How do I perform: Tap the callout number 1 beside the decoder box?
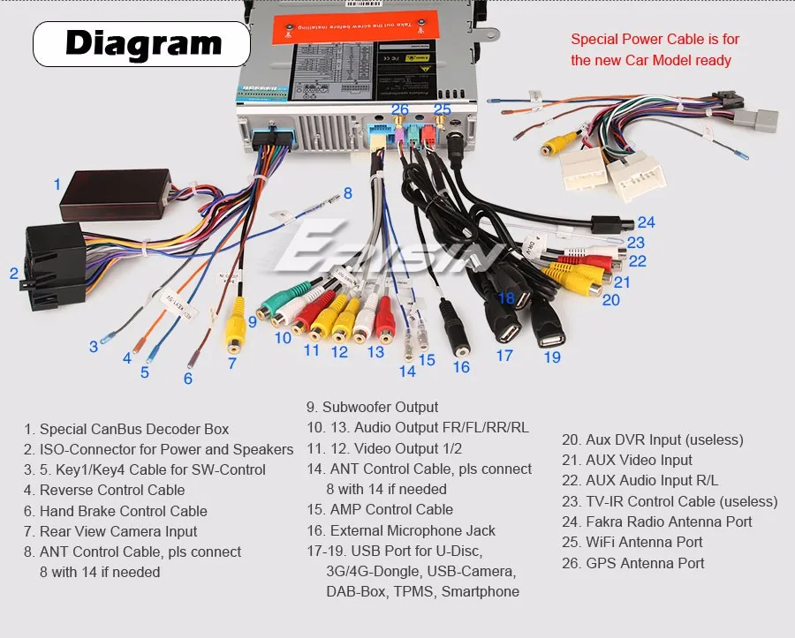[57, 184]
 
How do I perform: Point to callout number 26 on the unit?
[400, 109]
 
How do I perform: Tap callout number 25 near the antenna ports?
[442, 109]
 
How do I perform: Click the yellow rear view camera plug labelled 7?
[234, 328]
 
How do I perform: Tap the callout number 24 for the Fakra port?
[647, 222]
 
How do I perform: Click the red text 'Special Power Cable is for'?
[655, 39]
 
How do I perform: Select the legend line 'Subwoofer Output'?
[372, 407]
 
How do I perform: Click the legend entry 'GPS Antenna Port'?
[633, 563]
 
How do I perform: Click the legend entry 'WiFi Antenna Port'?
[632, 542]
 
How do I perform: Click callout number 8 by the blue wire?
[347, 193]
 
